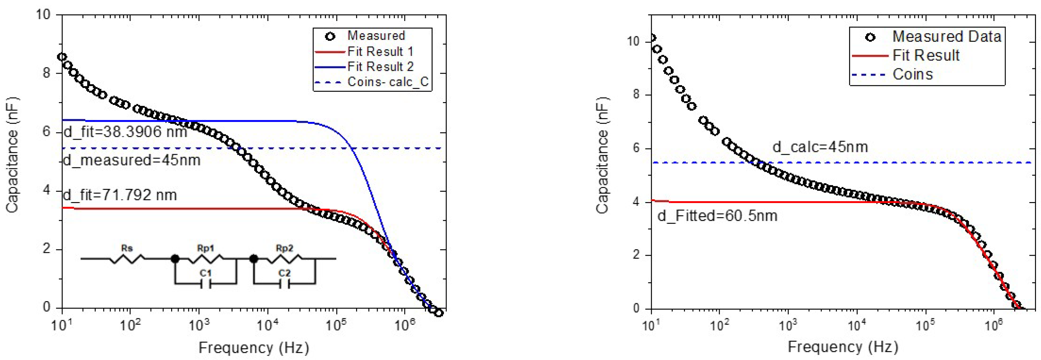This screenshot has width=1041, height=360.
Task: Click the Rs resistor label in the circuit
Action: pyautogui.click(x=127, y=248)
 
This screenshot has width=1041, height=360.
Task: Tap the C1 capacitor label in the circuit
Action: pyautogui.click(x=206, y=274)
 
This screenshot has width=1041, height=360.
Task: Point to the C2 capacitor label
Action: pyautogui.click(x=285, y=274)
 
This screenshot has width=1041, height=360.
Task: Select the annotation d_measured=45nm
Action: pyautogui.click(x=132, y=160)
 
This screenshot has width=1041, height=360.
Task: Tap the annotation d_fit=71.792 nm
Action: pyautogui.click(x=120, y=195)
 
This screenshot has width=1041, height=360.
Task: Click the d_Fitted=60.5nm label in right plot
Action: pyautogui.click(x=717, y=216)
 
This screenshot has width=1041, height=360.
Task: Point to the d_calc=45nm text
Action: pyautogui.click(x=820, y=147)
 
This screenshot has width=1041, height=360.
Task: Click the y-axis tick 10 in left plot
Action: pyautogui.click(x=43, y=15)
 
